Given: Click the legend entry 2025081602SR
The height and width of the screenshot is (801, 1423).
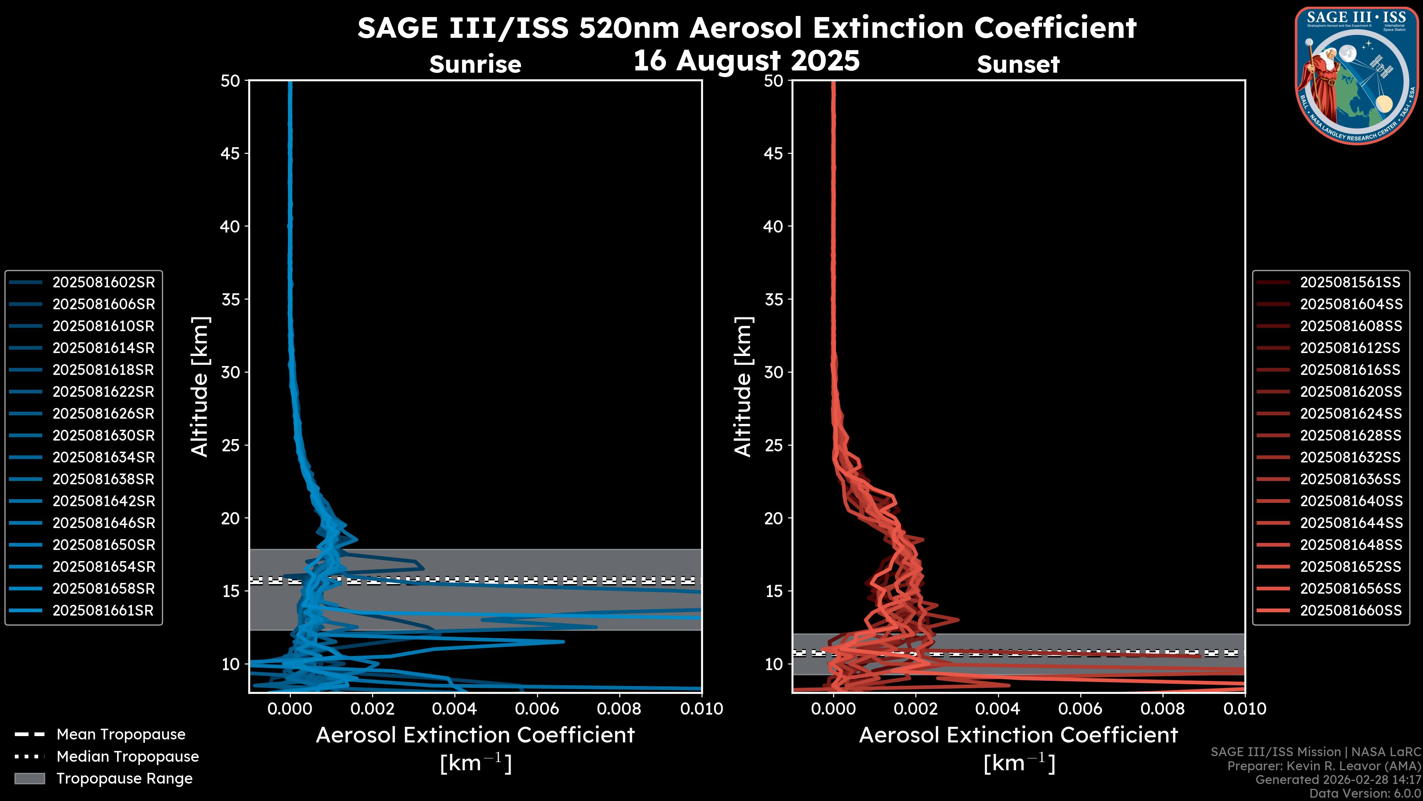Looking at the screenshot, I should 103,283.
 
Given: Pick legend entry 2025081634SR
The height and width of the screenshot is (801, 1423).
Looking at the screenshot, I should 103,458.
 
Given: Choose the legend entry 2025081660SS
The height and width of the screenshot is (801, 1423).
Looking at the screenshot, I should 1351,611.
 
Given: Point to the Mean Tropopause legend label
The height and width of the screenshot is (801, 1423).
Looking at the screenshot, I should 121,735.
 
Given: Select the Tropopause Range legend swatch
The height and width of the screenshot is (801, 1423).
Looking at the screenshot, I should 29,778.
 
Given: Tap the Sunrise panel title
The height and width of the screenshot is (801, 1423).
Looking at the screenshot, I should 475,65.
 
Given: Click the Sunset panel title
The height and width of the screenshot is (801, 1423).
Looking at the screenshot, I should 1018,65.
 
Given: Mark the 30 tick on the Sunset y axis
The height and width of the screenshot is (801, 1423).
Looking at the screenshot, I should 773,372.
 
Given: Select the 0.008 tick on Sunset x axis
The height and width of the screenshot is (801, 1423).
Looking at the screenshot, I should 1163,709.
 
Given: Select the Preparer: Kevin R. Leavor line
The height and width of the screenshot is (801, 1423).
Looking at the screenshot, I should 1324,766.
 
